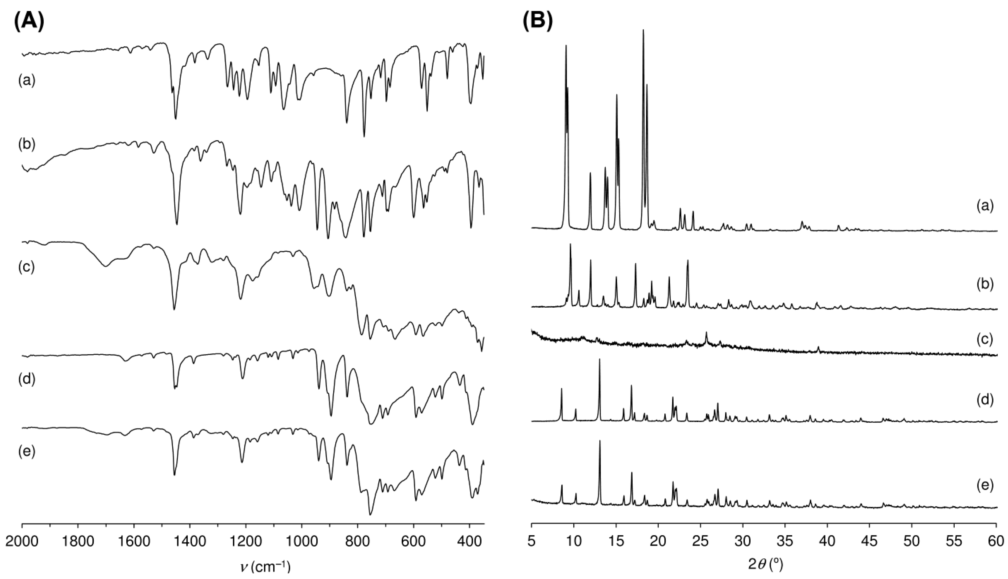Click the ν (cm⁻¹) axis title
click(x=265, y=567)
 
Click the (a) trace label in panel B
click(x=985, y=206)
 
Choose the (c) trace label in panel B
click(x=985, y=339)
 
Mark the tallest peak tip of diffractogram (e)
click(x=600, y=441)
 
